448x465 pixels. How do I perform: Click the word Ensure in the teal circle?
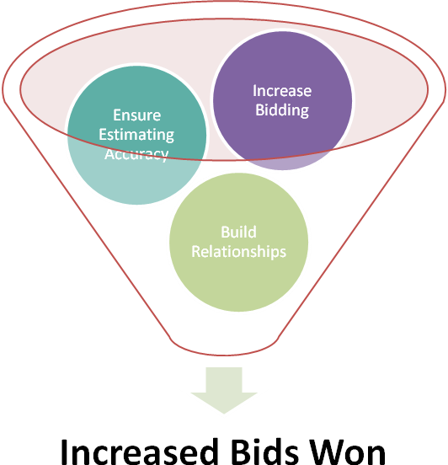coord(137,115)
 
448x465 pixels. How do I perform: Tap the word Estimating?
coord(136,136)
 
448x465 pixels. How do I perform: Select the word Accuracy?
coord(136,155)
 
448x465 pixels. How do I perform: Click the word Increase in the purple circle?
coord(282,91)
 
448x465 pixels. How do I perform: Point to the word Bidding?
coord(282,110)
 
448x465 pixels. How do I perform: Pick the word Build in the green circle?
coord(238,232)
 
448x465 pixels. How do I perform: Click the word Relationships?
coord(238,252)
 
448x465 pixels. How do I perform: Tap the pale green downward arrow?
coord(224,390)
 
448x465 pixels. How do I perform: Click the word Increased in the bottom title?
coord(139,452)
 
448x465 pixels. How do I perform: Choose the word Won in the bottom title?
coord(347,452)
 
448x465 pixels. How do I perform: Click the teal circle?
coord(136,178)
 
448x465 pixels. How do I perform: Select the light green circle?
coord(238,281)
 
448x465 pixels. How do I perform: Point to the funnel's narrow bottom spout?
coord(224,350)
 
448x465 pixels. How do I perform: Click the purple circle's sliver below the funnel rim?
coord(285,163)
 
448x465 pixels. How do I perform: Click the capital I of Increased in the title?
coord(64,452)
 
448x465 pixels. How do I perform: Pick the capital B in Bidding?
coord(260,110)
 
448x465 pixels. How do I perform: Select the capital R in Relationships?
coord(196,252)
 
